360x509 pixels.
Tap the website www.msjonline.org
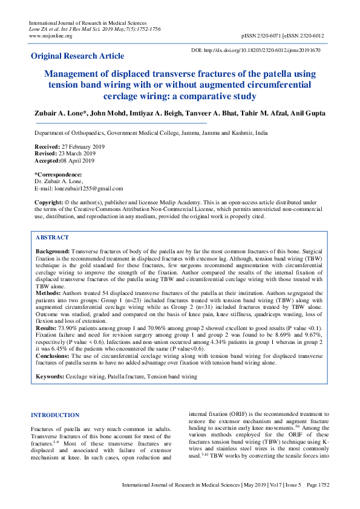(x=51, y=36)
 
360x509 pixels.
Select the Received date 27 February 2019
(x=81, y=147)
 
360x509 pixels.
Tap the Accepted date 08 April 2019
(x=79, y=160)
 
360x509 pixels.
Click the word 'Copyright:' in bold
(x=48, y=202)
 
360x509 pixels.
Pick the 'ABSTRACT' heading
(x=52, y=238)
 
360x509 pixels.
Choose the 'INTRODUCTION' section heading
(x=55, y=415)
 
